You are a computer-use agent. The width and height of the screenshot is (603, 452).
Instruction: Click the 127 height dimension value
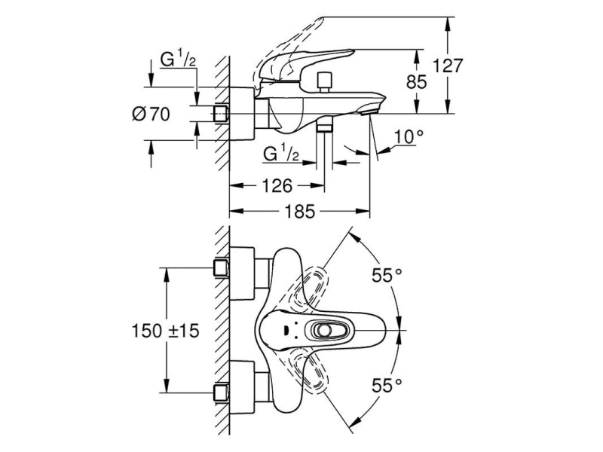tap(448, 66)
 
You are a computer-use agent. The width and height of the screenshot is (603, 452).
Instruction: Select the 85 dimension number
tap(417, 81)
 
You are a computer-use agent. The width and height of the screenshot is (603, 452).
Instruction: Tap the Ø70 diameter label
tap(151, 115)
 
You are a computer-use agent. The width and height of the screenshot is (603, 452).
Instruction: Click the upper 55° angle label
tap(387, 276)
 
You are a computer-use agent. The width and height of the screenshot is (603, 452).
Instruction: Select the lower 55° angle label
tap(387, 386)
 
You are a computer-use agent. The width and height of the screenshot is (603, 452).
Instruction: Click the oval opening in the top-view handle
tap(326, 330)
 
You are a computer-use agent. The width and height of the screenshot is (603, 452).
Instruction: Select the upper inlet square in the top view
tap(222, 267)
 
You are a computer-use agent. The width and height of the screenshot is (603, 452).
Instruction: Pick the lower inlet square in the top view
tap(222, 392)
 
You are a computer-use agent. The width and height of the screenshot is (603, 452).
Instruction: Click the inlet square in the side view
tap(221, 113)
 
